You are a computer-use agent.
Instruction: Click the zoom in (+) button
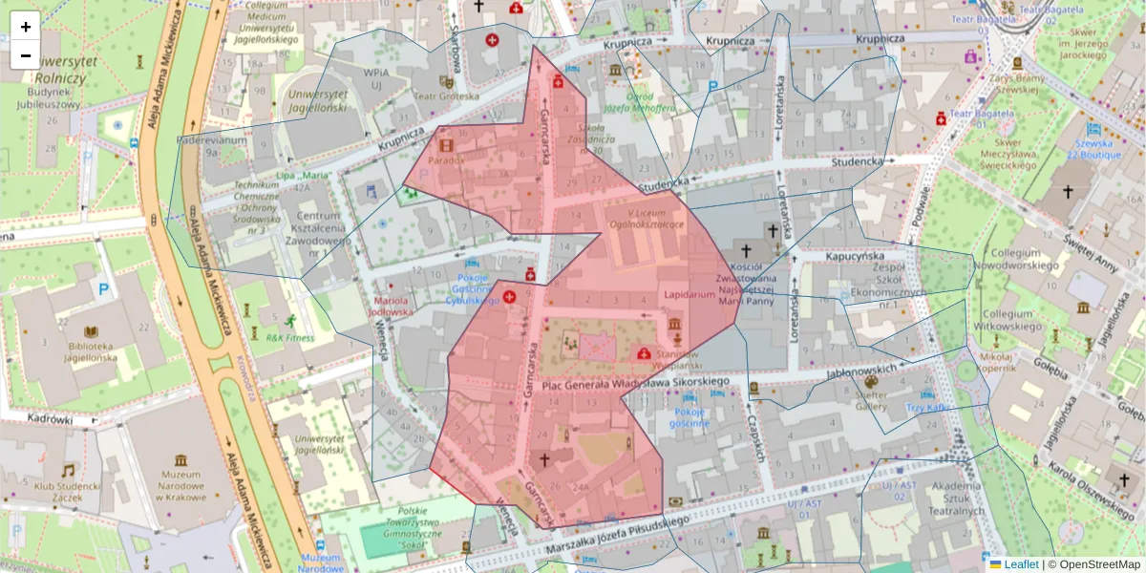(26, 27)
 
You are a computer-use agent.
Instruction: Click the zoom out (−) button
(26, 55)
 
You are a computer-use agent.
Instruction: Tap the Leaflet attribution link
(1021, 564)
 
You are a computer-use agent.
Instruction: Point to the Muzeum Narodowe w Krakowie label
(180, 483)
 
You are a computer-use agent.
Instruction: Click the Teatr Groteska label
(446, 95)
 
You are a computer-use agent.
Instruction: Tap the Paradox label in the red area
(446, 159)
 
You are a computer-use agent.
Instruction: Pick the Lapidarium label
(690, 295)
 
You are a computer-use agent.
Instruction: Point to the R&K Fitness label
(288, 337)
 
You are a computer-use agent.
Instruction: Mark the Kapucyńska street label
(834, 257)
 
